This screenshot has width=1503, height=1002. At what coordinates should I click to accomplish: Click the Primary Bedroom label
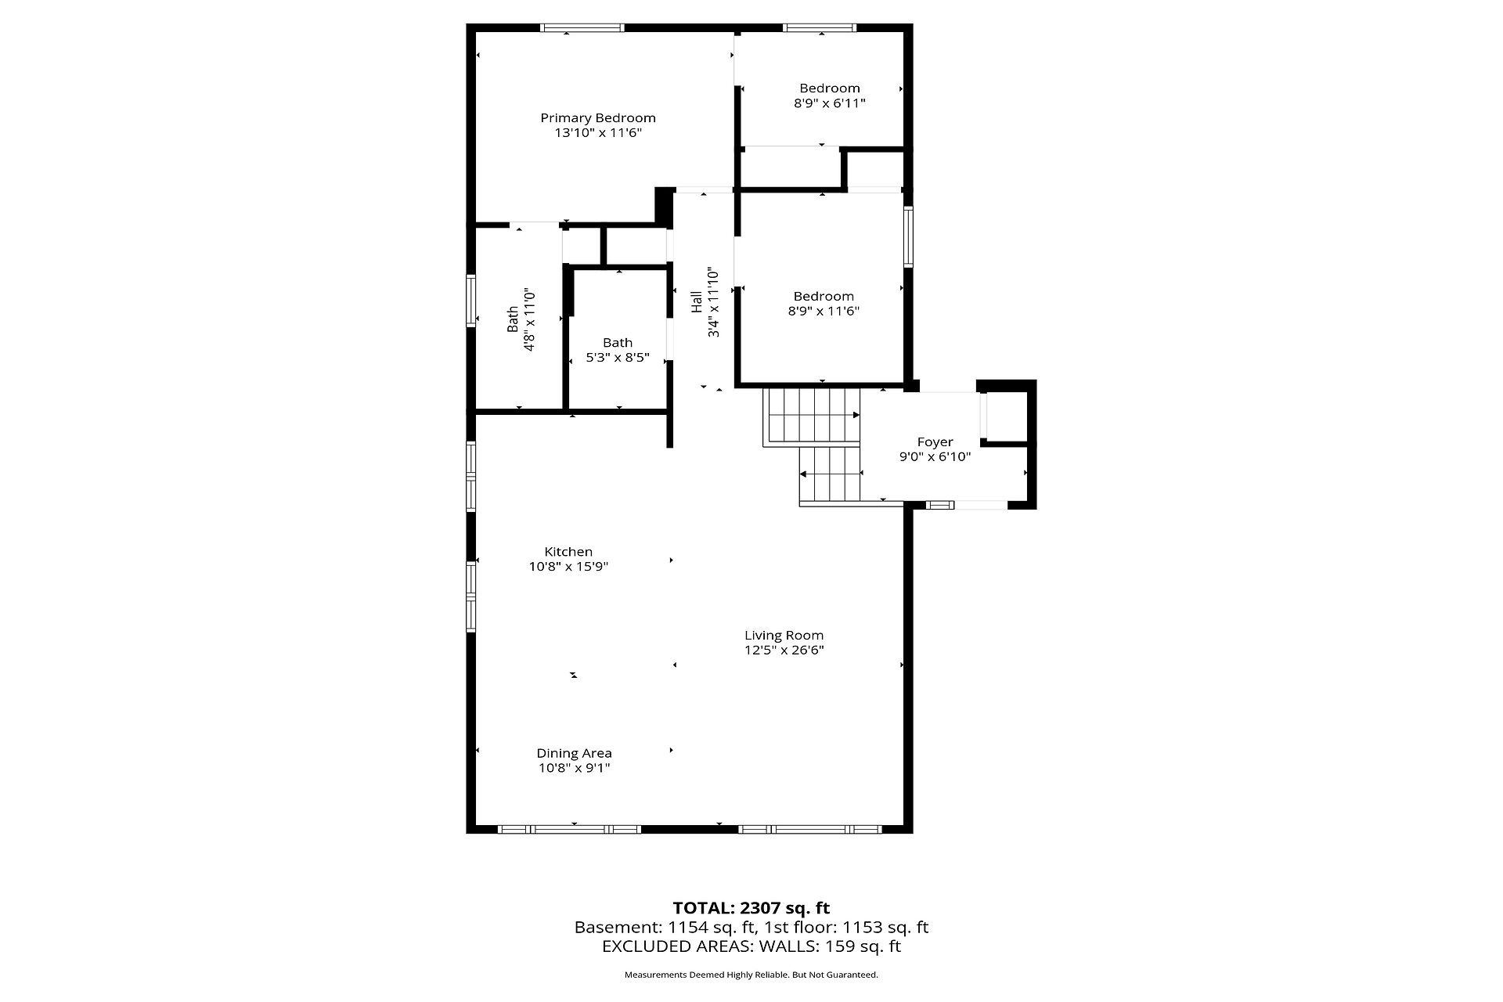(x=598, y=118)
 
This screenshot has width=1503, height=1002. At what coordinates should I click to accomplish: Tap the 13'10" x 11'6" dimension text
(x=598, y=133)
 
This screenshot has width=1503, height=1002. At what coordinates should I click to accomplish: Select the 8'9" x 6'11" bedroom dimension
(x=830, y=103)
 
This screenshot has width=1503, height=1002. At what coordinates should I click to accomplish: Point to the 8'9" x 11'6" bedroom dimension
(x=824, y=312)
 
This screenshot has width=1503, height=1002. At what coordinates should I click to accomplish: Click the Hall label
(x=697, y=302)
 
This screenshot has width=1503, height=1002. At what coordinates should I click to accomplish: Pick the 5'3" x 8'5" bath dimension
(x=618, y=358)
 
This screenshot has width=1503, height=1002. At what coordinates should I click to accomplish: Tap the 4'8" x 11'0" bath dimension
(x=529, y=319)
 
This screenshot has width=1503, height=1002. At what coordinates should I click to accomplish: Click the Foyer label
(x=935, y=442)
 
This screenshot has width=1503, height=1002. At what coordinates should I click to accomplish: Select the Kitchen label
(x=568, y=552)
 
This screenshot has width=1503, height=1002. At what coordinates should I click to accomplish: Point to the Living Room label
(x=784, y=636)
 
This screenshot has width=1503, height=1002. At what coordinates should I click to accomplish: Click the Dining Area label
(x=574, y=754)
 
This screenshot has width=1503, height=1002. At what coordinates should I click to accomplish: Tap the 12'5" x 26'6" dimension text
(x=784, y=651)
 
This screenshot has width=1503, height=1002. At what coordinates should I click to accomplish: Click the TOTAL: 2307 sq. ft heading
(x=751, y=908)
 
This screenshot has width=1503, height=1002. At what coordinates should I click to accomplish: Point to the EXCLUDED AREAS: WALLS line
(x=751, y=946)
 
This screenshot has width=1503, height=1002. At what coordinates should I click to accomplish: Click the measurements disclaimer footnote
(x=751, y=975)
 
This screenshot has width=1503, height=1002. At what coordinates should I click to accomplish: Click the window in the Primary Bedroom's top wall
(x=582, y=28)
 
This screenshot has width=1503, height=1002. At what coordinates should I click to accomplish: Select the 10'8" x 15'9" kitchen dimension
(x=568, y=567)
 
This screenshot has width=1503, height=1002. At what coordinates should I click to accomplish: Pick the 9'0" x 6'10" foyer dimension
(x=935, y=457)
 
